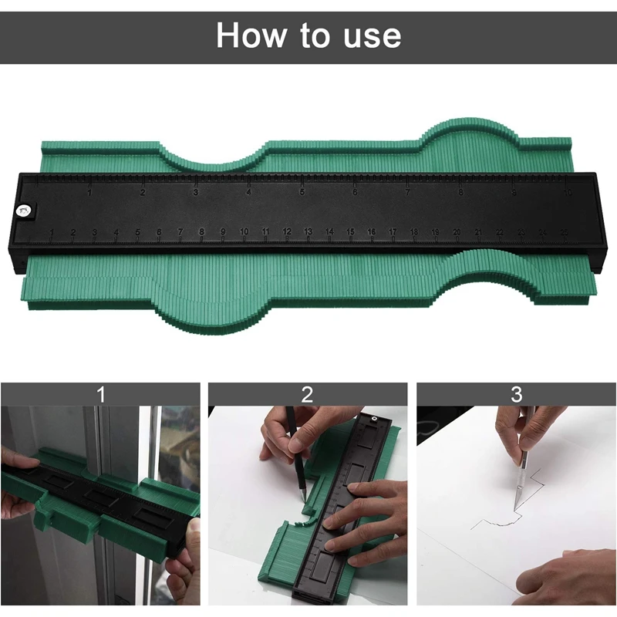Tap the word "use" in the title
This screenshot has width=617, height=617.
(x=373, y=35)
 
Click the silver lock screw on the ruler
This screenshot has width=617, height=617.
(x=25, y=207)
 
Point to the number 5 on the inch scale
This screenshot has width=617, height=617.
(x=302, y=192)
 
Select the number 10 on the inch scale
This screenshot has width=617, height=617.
(x=567, y=194)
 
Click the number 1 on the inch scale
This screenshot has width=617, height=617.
(x=89, y=191)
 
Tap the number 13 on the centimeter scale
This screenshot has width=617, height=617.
(x=308, y=231)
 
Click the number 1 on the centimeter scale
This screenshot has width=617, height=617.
(x=52, y=232)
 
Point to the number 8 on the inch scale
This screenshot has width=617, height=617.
(x=460, y=193)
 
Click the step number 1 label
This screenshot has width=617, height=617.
(x=100, y=395)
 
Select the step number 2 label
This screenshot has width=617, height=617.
(x=308, y=395)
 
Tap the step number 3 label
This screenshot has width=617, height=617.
(x=516, y=395)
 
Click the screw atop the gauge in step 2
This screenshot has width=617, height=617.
(x=376, y=417)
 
